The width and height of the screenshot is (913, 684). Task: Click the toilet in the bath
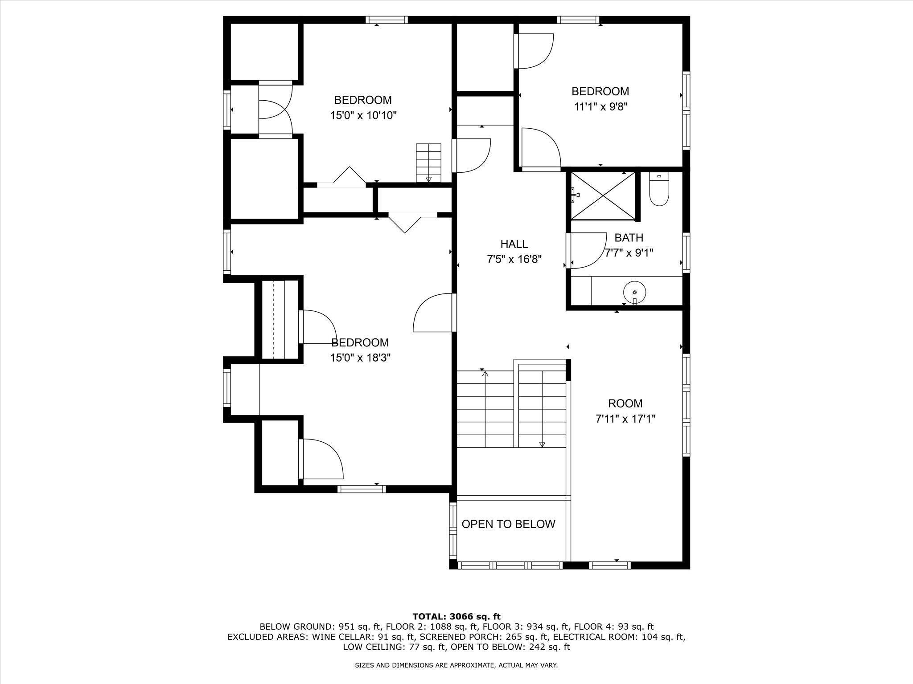[659, 191]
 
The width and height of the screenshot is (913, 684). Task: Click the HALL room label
[514, 244]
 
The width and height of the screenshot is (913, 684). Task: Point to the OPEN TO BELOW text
[508, 524]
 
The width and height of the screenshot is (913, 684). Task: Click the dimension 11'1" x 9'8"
[600, 107]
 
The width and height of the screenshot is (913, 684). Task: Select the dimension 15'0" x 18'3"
[360, 358]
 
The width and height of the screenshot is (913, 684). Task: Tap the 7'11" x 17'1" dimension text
[625, 419]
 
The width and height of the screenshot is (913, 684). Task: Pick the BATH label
[629, 237]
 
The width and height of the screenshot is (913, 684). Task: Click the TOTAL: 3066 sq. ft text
[456, 617]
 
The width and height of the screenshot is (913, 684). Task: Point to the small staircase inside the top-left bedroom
[428, 163]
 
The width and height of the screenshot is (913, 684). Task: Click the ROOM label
[625, 403]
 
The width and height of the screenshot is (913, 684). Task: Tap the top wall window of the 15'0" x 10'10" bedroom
[387, 20]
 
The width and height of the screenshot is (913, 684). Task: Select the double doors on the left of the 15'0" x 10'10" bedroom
[275, 109]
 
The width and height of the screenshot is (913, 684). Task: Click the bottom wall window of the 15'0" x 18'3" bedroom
[361, 489]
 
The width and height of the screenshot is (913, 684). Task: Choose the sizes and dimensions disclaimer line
[456, 665]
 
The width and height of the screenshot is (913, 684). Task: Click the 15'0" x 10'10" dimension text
[363, 116]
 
